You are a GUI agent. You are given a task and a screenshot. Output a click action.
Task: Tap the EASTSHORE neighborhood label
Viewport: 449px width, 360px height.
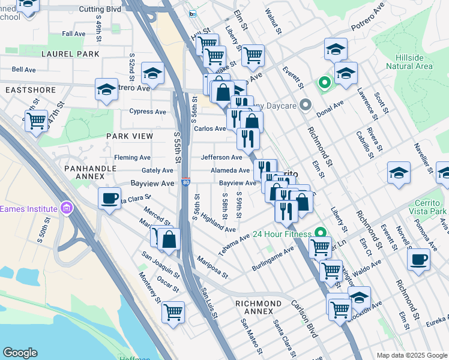click(x=31, y=90)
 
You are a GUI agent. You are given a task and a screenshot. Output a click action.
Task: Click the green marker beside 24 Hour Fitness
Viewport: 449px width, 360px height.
click(x=321, y=233)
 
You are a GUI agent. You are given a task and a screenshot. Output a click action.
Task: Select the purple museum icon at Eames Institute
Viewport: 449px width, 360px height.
click(x=66, y=209)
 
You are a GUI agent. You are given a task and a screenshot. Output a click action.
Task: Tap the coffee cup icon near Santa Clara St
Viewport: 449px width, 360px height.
click(x=109, y=198)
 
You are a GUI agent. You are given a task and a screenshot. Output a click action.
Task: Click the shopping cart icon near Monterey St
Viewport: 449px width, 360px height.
click(x=173, y=311)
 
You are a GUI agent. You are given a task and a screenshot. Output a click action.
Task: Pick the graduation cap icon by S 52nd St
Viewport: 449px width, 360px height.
click(x=153, y=73)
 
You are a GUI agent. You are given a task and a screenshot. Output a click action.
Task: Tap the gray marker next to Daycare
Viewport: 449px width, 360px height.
click(x=306, y=106)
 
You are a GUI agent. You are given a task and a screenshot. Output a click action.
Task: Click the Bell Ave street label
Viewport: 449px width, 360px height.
click(x=24, y=70)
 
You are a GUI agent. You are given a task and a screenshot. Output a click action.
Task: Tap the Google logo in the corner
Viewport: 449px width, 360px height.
click(x=20, y=353)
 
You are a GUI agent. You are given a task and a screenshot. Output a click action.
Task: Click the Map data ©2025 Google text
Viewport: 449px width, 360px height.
click(x=411, y=355)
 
